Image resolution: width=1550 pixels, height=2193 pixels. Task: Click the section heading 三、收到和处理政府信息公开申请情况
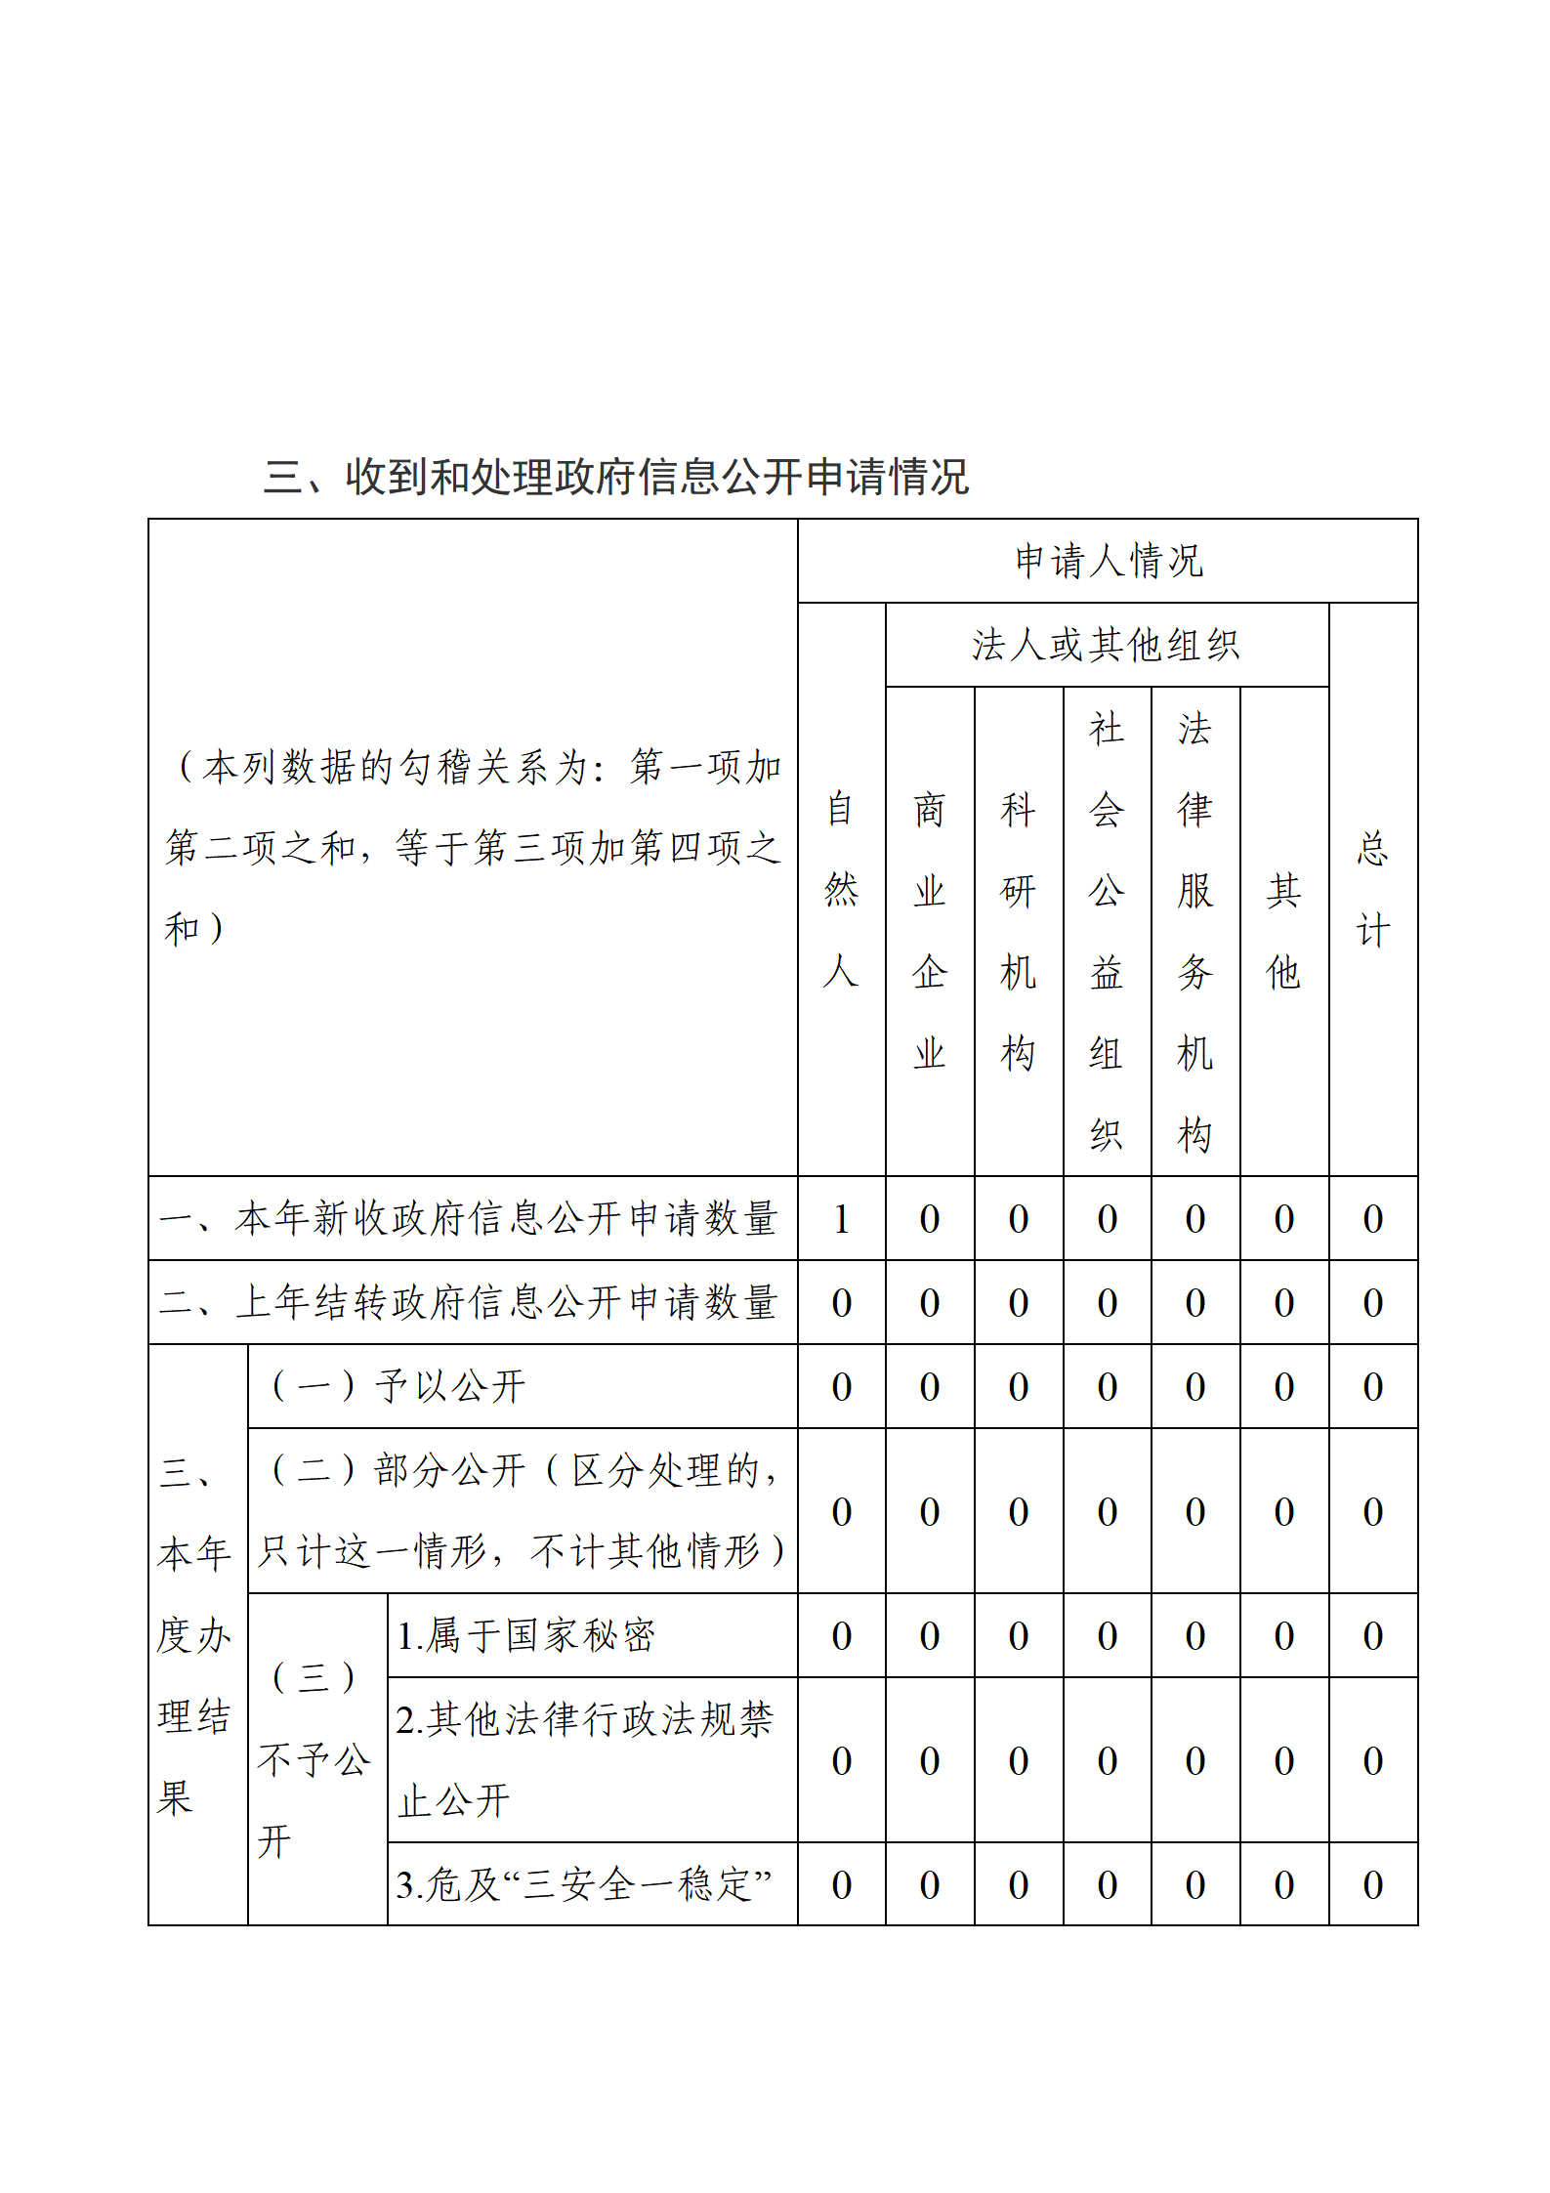615,477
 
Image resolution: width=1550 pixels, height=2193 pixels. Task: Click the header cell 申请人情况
1108,561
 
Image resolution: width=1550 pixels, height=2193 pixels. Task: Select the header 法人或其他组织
1106,645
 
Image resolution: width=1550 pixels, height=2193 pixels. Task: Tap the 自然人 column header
841,889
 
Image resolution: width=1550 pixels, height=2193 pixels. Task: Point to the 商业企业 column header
929,930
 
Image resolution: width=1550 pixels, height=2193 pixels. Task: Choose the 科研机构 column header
1018,930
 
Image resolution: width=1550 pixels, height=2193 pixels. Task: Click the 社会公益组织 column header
1107,930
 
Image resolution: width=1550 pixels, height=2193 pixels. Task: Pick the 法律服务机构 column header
1194,930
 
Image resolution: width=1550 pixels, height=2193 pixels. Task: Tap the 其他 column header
1283,930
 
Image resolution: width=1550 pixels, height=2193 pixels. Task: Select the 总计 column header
1372,889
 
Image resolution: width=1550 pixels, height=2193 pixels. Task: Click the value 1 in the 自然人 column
841,1218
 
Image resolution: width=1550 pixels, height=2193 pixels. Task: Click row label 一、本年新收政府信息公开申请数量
469,1218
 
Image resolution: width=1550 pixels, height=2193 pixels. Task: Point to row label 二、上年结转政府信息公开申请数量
469,1302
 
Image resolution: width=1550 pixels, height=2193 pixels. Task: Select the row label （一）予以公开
398,1386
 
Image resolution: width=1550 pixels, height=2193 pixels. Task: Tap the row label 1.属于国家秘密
525,1635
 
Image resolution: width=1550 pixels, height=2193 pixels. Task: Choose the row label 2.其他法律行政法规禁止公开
584,1759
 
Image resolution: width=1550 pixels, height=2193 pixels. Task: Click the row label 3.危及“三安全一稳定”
584,1884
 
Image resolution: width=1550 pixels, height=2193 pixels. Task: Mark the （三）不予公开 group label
314,1759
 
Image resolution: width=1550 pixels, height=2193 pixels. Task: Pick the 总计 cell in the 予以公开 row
1372,1386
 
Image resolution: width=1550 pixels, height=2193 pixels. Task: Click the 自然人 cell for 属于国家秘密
841,1635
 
